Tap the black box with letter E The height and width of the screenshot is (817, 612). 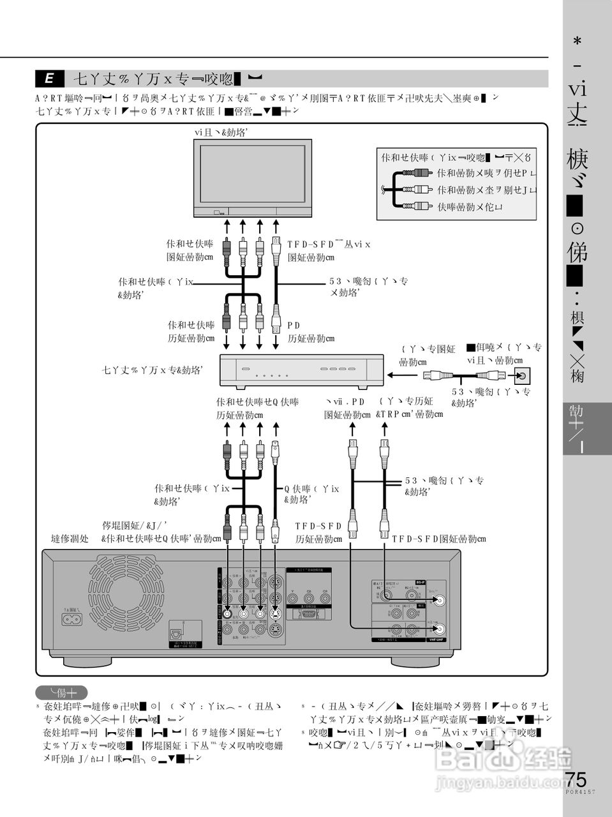tap(49, 79)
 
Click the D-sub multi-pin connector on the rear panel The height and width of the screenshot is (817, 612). tap(308, 616)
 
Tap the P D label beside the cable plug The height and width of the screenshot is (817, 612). tap(294, 326)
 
